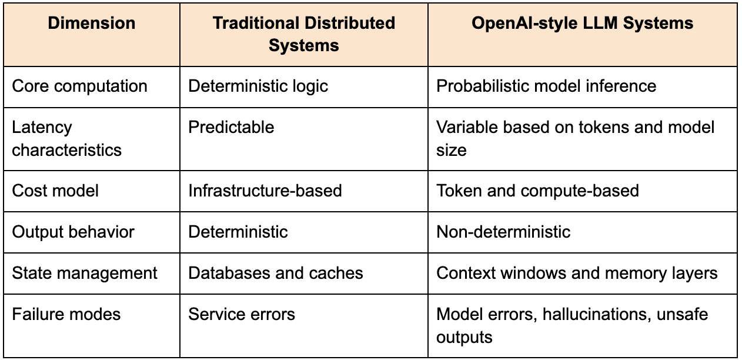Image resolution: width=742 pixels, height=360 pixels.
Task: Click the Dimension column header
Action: pos(91,23)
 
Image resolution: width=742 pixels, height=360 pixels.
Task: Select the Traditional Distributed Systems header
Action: pos(304,34)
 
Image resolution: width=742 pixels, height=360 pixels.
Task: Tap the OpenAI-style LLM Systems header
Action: pos(582,23)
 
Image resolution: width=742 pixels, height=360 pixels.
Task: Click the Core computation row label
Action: pos(79,86)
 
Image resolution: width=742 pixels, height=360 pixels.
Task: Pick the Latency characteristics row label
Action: pos(66,139)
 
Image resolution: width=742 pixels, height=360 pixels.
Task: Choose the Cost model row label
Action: pos(55,191)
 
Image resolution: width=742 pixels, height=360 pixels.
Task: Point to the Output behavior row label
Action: pos(73,232)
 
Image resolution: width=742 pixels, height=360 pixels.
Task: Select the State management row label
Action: pos(85,274)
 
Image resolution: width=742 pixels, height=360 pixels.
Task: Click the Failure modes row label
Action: pos(66,314)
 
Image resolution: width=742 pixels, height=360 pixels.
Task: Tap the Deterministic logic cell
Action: pos(258,86)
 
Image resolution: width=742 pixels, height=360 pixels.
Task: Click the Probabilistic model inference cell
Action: pos(546,86)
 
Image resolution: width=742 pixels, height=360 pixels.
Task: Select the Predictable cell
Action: pos(231,127)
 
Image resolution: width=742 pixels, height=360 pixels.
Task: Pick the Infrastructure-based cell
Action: pos(265,191)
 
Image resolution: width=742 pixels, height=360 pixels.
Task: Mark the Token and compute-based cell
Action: pos(537,191)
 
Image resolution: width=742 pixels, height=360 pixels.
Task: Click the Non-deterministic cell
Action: pos(503,232)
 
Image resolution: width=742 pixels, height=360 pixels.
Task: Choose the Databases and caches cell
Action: pos(276,273)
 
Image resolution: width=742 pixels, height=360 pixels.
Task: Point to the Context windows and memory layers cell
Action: pos(577,274)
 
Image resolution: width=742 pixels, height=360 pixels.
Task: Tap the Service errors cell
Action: pos(242,314)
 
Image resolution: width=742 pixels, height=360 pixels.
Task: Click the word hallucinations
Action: pos(594,315)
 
